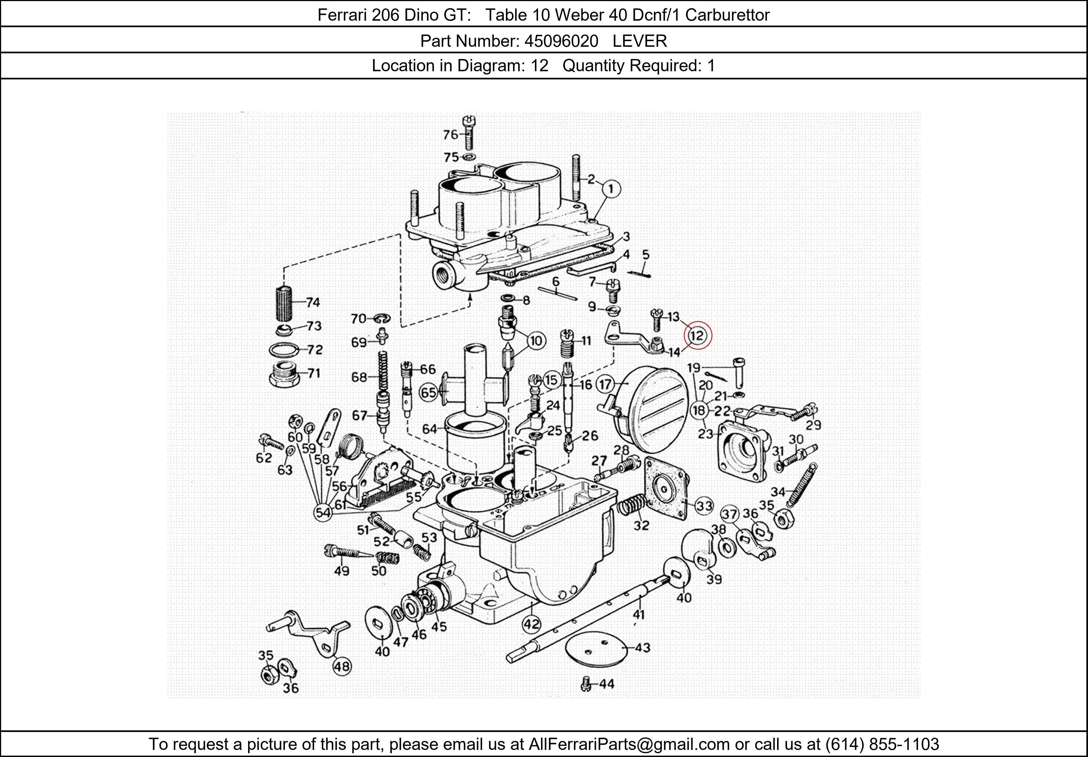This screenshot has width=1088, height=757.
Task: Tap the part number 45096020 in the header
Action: pyautogui.click(x=561, y=41)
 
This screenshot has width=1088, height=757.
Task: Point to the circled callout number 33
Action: pyautogui.click(x=704, y=506)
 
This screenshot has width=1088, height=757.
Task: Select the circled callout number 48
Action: pyautogui.click(x=342, y=666)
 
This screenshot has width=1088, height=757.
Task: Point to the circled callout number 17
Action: pyautogui.click(x=605, y=384)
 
